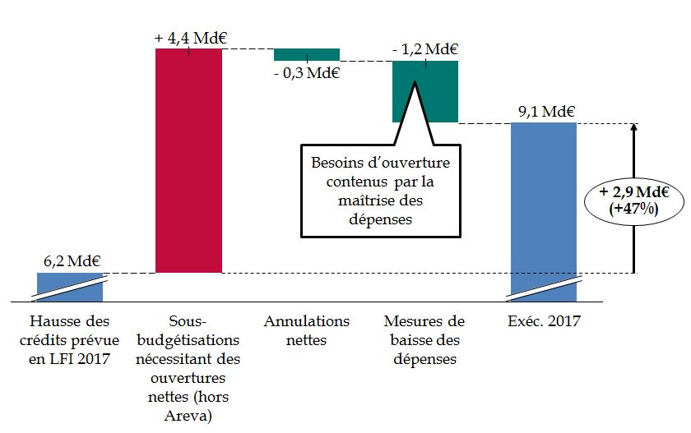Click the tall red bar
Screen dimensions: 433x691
[x=188, y=160]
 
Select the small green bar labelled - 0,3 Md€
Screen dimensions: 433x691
[x=306, y=54]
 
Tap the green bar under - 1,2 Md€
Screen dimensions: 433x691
[x=424, y=90]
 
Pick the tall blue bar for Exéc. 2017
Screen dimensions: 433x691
[x=543, y=205]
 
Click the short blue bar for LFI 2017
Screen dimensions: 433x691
[x=70, y=287]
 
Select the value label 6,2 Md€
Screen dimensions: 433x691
[x=70, y=262]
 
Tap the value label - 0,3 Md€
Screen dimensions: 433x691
[x=307, y=72]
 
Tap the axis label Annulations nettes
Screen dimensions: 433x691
[x=307, y=329]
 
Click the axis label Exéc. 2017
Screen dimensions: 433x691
[x=544, y=321]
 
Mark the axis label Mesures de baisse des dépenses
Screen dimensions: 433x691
[x=424, y=339]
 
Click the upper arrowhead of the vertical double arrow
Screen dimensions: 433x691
[x=633, y=128]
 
